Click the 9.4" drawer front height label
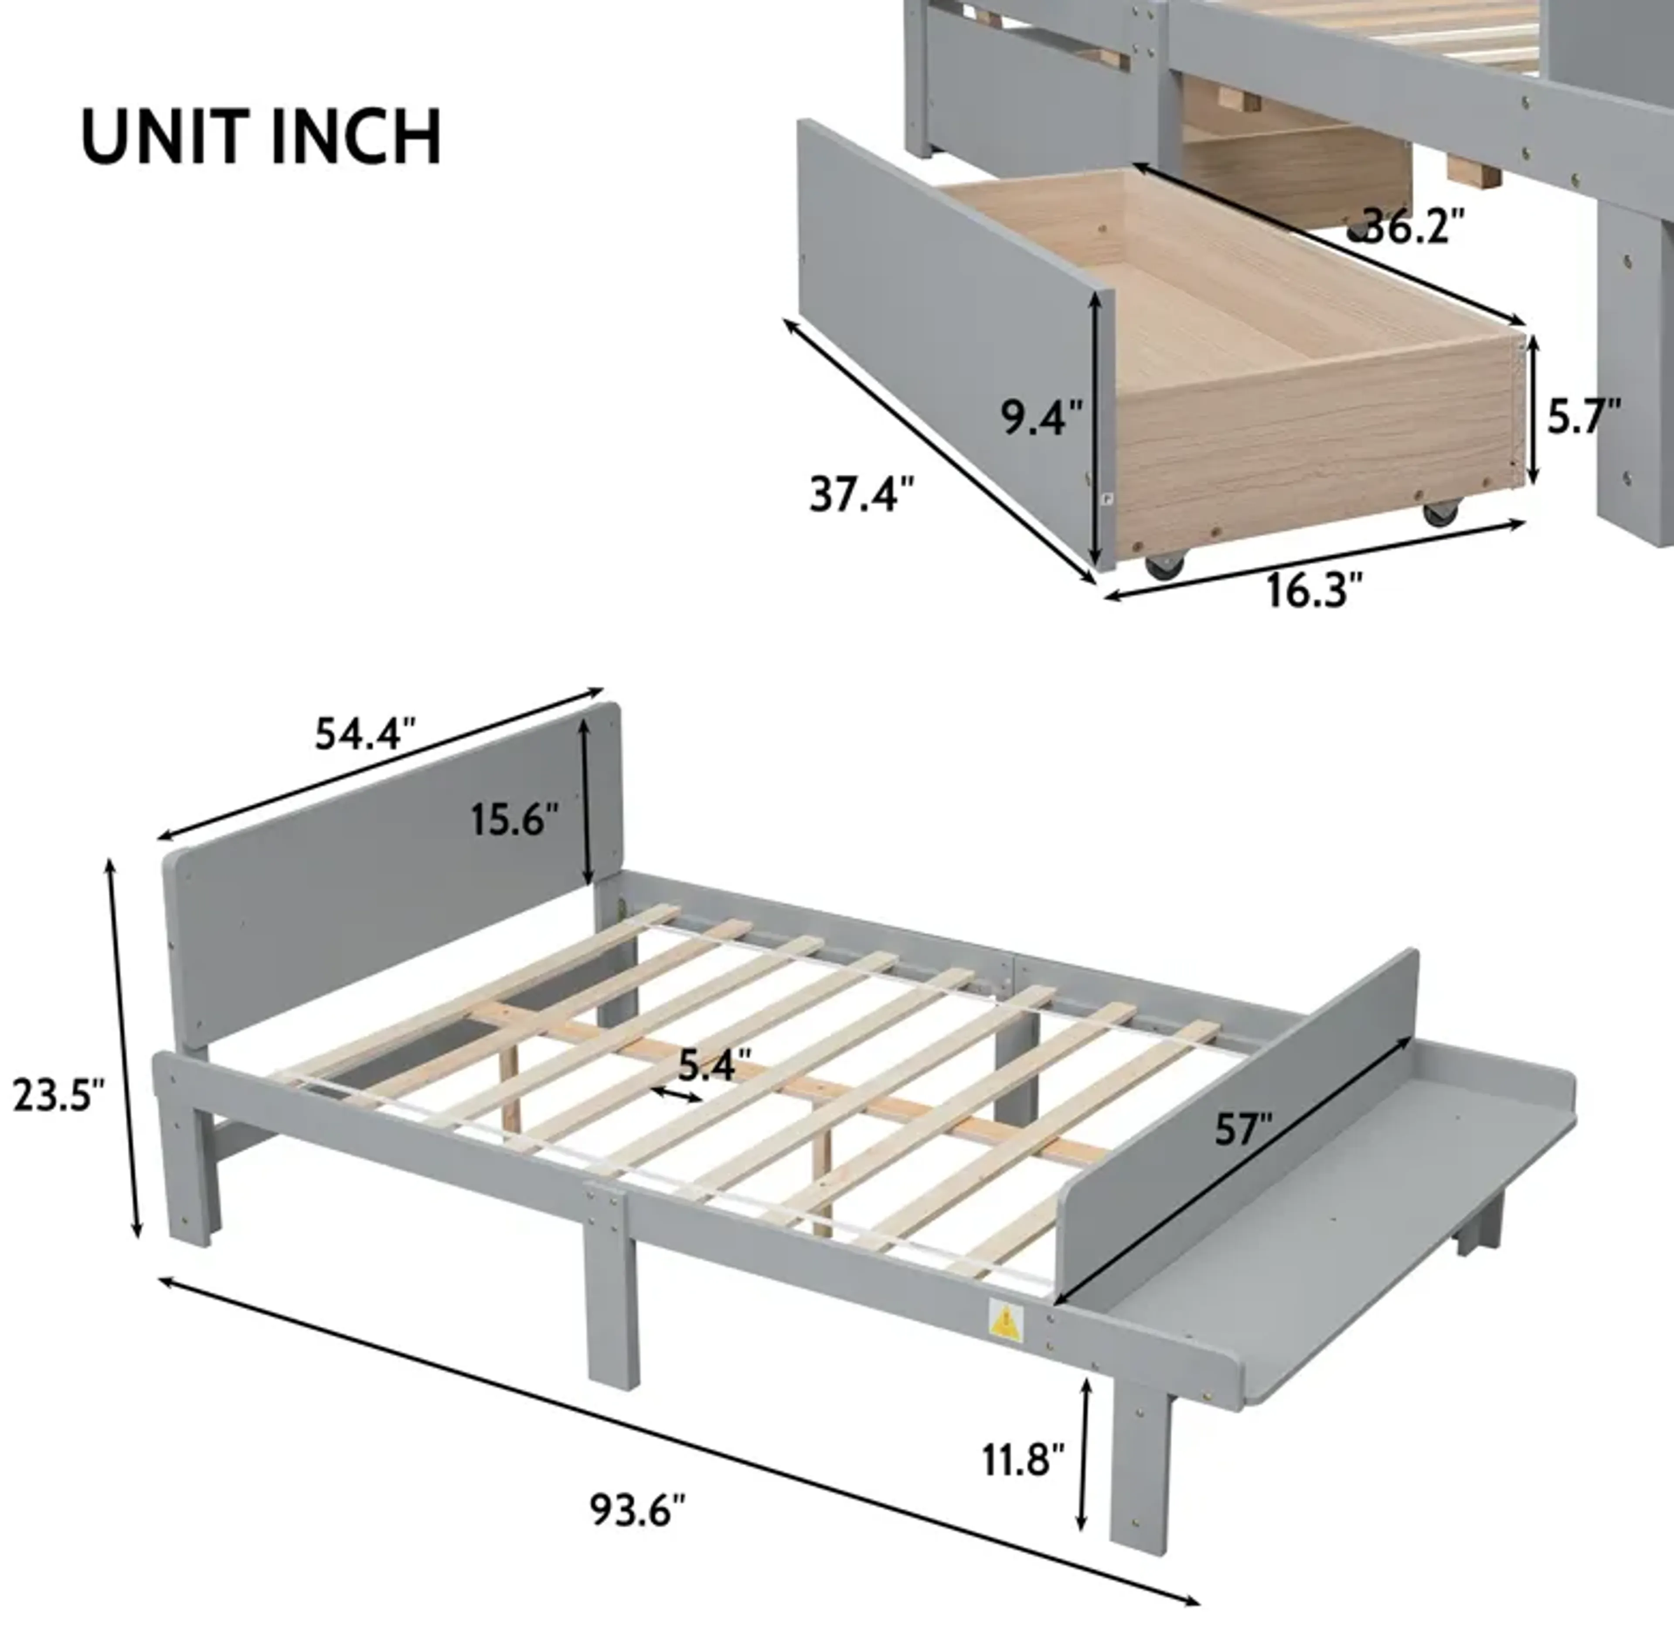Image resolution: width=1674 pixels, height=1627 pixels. (1041, 417)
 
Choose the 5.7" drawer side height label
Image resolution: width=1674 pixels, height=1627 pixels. (1583, 415)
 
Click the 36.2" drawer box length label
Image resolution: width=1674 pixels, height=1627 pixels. (1410, 226)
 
